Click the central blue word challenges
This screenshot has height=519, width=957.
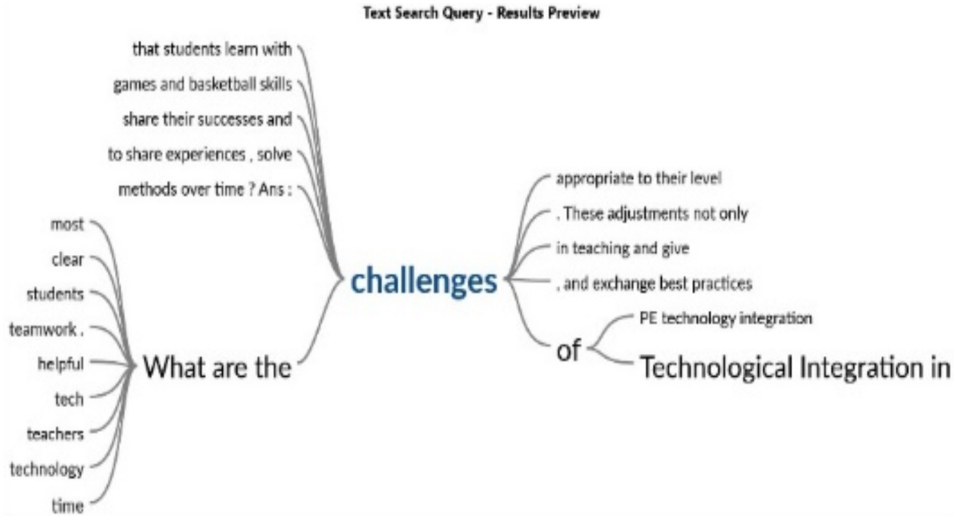pos(423,282)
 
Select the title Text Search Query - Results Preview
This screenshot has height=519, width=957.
pos(481,13)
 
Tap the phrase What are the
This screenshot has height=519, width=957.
pos(217,368)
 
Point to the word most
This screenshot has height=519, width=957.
pos(67,224)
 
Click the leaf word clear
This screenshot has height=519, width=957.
pos(68,260)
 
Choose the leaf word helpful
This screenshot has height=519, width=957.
pos(61,364)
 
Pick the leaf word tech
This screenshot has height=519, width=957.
pos(69,399)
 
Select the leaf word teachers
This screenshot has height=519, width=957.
pos(55,434)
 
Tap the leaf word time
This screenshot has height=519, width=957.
pos(68,506)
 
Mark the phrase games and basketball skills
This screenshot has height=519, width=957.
pos(202,85)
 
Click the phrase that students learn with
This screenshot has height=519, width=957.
pos(212,49)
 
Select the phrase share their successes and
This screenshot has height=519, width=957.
pos(207,119)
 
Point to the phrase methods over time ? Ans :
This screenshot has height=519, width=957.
pos(205,190)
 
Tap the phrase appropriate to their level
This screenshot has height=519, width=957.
pos(639,178)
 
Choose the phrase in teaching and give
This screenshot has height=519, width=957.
pos(623,248)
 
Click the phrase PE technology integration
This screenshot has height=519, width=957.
pos(726,318)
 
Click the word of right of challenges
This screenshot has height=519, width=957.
pos(568,350)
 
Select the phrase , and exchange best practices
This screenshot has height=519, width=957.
pos(654,283)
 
